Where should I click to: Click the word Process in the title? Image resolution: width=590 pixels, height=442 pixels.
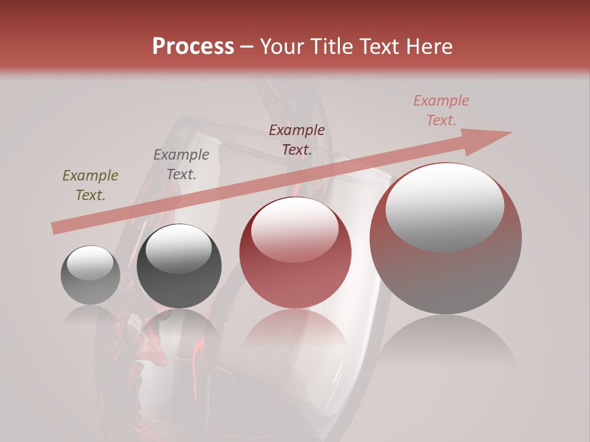coord(193,47)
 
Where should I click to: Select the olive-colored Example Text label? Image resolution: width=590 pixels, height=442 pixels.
coord(90,185)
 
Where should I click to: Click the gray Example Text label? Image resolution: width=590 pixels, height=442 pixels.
coord(181,165)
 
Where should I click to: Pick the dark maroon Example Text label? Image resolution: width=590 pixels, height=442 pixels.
coord(297,140)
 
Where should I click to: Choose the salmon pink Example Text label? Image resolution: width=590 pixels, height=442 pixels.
coord(441,110)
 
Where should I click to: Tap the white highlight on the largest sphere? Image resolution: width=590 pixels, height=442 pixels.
coord(444,206)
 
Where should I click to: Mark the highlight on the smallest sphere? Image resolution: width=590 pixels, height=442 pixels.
coord(90,263)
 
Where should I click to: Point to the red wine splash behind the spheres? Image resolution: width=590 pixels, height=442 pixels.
coord(147,350)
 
